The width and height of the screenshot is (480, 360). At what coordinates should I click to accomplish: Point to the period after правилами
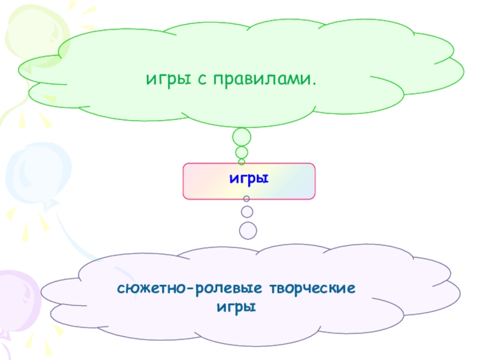314,82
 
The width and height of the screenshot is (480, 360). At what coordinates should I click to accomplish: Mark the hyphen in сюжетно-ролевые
190,290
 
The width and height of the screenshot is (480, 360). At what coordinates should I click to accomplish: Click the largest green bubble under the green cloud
242,137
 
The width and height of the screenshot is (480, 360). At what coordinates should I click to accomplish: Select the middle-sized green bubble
242,152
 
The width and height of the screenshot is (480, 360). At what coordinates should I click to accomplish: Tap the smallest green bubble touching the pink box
242,161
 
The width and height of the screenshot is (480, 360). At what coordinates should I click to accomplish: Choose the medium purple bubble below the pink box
247,211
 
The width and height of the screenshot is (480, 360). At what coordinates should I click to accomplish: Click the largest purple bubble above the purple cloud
248,230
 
